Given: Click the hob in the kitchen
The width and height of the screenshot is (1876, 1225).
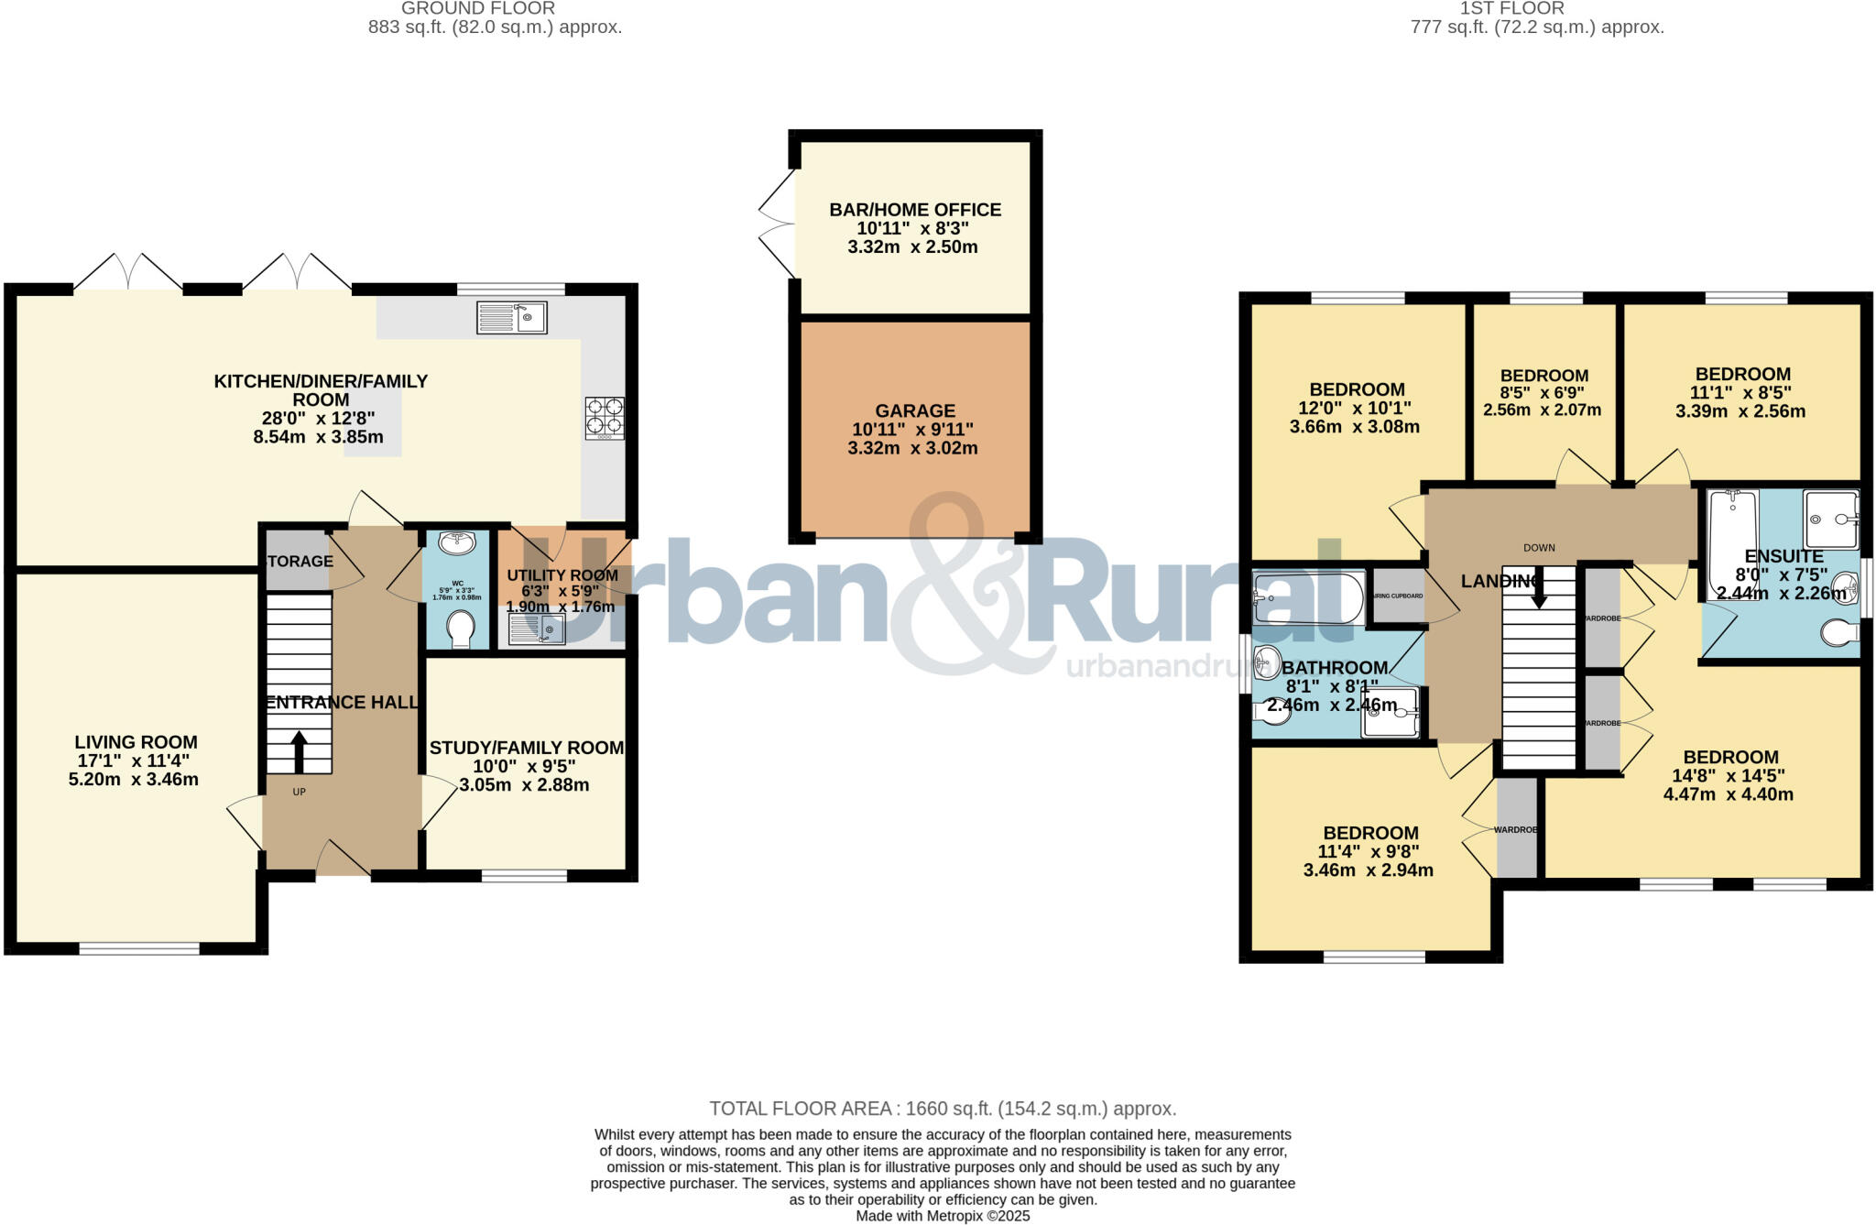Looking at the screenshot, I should click(x=605, y=417).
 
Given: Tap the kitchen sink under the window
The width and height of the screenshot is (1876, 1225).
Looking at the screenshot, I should click(x=511, y=318).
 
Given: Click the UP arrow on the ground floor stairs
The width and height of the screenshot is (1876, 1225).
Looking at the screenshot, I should click(x=299, y=751).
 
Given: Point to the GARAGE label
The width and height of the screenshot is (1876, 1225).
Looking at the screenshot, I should click(x=915, y=411).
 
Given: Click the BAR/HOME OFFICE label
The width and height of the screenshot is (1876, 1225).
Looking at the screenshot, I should click(x=915, y=210).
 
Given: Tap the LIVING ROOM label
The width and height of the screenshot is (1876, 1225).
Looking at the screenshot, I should click(x=136, y=742).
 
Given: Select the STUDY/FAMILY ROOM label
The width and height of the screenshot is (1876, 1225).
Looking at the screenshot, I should click(x=527, y=748).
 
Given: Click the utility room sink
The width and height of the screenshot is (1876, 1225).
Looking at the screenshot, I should click(x=537, y=629).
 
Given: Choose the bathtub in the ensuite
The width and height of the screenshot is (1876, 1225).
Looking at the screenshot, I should click(x=1733, y=542).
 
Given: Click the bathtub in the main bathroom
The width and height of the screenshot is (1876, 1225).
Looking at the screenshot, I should click(x=1307, y=598).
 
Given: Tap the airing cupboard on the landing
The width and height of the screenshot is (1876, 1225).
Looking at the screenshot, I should click(x=1397, y=596).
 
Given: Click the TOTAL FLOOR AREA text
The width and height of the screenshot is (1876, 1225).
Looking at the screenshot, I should click(x=943, y=1109).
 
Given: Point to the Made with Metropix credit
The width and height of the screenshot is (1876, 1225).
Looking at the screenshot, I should click(x=943, y=1216).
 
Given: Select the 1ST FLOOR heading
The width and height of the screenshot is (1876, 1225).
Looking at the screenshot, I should click(x=1537, y=8).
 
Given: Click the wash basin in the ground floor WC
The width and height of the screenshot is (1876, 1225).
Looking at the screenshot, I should click(x=457, y=543).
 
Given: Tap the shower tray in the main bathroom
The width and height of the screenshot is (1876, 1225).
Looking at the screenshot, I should click(x=1390, y=712).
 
